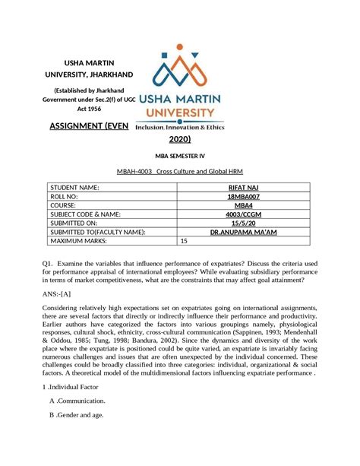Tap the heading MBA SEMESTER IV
[180, 158]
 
